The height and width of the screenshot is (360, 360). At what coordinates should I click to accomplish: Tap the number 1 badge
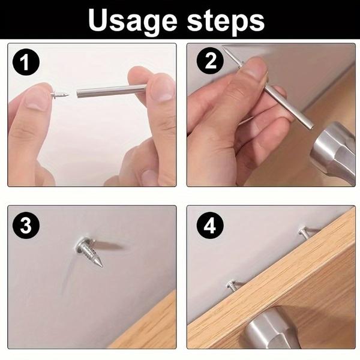pyautogui.click(x=23, y=61)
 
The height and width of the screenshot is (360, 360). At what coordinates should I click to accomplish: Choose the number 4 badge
pyautogui.click(x=210, y=226)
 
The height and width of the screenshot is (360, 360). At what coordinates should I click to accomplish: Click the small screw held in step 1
pyautogui.click(x=61, y=94)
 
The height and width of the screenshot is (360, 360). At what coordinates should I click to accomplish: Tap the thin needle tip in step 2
pyautogui.click(x=229, y=53)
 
